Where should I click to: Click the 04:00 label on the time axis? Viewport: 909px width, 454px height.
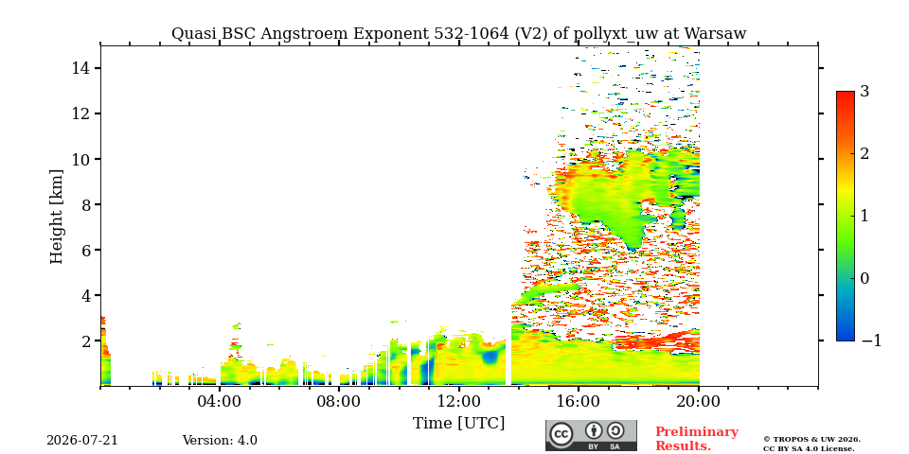219,401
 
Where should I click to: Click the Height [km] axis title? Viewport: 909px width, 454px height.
56,217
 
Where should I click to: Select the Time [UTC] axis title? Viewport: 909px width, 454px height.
458,424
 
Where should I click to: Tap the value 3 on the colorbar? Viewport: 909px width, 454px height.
864,92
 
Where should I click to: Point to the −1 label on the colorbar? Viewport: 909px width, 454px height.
871,340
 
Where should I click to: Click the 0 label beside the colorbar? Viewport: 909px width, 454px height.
864,278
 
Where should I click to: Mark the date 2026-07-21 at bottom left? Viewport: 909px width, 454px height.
82,440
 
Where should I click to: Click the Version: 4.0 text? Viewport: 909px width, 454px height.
220,440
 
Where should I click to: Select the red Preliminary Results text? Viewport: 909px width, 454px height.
697,439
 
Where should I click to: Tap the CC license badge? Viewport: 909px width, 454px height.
591,435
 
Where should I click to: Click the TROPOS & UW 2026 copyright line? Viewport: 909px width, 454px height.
811,440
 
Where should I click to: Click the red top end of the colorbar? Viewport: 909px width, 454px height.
846,93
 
